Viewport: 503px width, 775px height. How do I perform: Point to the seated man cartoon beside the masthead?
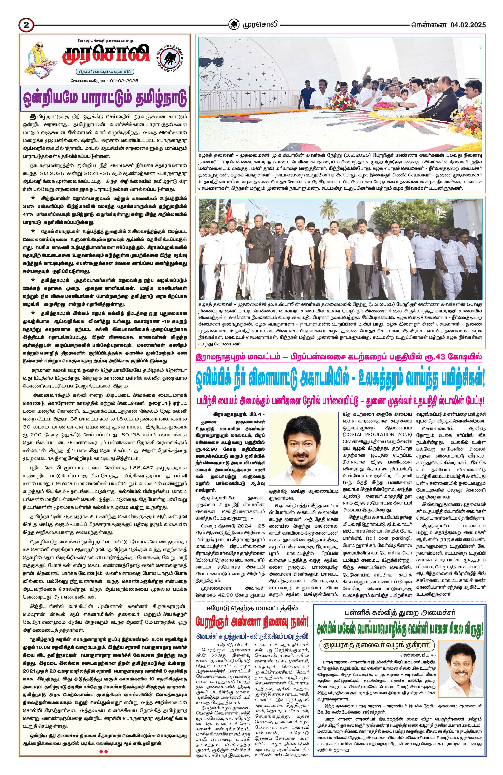point(38,60)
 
